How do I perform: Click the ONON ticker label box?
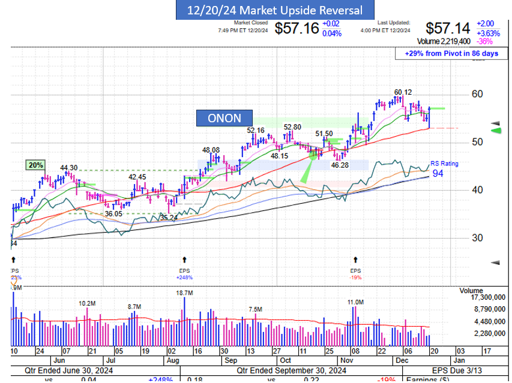point(224,118)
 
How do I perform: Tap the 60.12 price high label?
point(403,92)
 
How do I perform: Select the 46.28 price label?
point(340,164)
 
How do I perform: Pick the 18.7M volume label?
point(184,293)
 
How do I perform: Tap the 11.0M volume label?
point(355,302)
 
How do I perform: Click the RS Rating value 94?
point(438,174)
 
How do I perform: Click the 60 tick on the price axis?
point(477,94)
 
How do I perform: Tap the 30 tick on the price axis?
point(477,237)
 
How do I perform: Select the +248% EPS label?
point(184,278)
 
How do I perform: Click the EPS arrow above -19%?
point(356,260)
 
